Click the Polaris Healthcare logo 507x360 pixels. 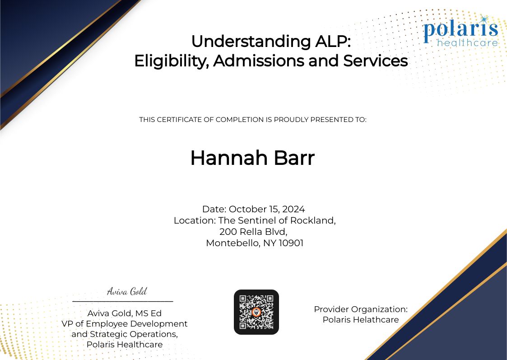click(x=460, y=32)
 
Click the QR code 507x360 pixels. click(x=256, y=312)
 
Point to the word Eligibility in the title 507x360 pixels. click(x=170, y=61)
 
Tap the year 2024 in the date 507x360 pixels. click(x=294, y=209)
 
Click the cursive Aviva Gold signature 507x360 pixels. click(x=127, y=291)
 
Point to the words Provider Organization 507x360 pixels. click(x=360, y=309)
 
